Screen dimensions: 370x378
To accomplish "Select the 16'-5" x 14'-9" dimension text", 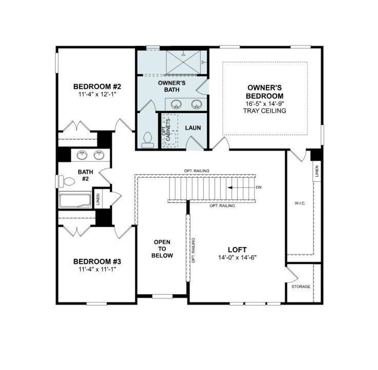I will pyautogui.click(x=265, y=104).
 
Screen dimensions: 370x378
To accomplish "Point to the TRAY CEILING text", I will pyautogui.click(x=265, y=111).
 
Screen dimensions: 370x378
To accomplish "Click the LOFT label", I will pyautogui.click(x=237, y=250).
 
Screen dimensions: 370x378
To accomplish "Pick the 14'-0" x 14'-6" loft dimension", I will pyautogui.click(x=237, y=257).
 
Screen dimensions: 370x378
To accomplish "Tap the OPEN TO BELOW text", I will pyautogui.click(x=162, y=249).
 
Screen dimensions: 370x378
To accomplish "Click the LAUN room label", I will pyautogui.click(x=193, y=128).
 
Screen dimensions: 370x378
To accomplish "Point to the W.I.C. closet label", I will pyautogui.click(x=300, y=203).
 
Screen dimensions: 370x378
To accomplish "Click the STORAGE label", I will pyautogui.click(x=301, y=287).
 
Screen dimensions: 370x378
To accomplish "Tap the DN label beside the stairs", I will pyautogui.click(x=258, y=187).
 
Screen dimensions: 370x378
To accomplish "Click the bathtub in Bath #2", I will pyautogui.click(x=75, y=200).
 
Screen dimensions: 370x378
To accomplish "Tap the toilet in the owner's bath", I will pyautogui.click(x=147, y=139).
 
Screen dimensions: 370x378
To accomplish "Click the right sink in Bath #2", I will pyautogui.click(x=98, y=155).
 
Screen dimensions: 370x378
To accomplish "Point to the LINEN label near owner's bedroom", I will pyautogui.click(x=317, y=171).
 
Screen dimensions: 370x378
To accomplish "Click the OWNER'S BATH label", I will pyautogui.click(x=172, y=86).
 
